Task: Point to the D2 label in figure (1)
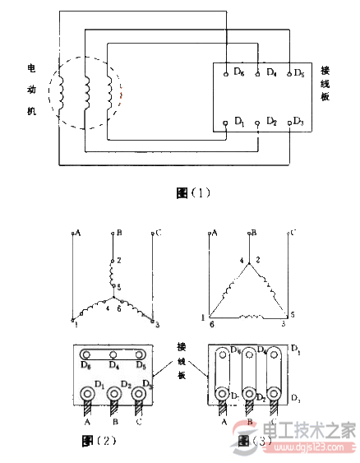pos(270,123)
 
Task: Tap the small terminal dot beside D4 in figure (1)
pos(259,73)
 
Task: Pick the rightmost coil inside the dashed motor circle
pos(109,89)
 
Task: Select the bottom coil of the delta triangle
pos(249,316)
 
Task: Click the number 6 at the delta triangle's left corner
pos(212,326)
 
